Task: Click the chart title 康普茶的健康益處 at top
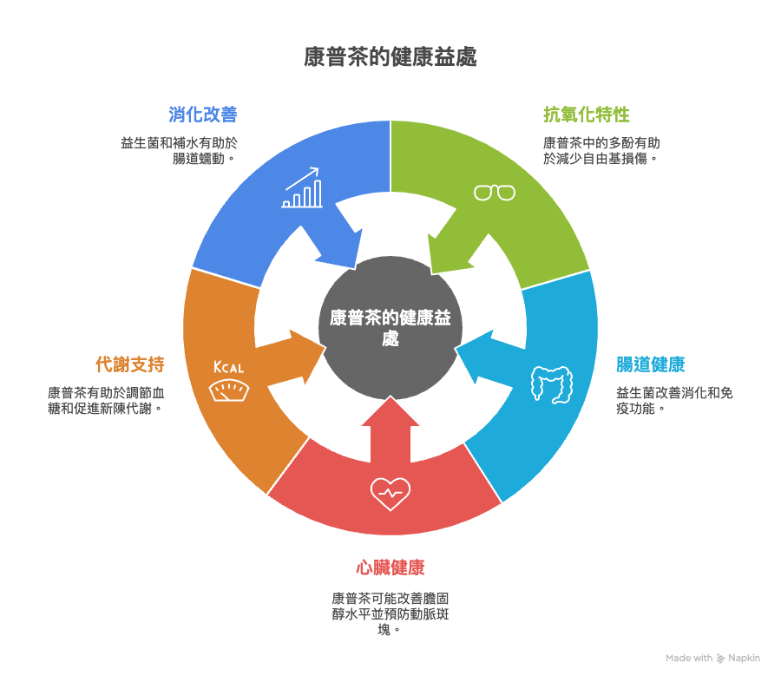pyautogui.click(x=390, y=58)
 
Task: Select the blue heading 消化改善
pyautogui.click(x=203, y=115)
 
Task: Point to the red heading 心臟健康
pyautogui.click(x=390, y=568)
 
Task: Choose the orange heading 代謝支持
pyautogui.click(x=130, y=364)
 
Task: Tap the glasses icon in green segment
pyautogui.click(x=494, y=193)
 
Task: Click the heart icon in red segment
pyautogui.click(x=390, y=493)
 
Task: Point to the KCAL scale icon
pyautogui.click(x=228, y=383)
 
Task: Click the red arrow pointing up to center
pyautogui.click(x=390, y=430)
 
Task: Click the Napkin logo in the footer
pyautogui.click(x=738, y=659)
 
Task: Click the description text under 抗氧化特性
pyautogui.click(x=601, y=151)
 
